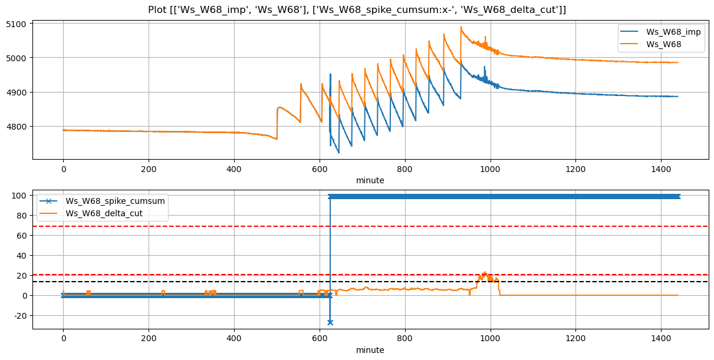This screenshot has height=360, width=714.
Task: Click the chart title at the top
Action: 357,9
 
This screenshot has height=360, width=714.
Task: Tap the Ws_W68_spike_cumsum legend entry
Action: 115,201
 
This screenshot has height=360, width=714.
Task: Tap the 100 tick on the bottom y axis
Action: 21,196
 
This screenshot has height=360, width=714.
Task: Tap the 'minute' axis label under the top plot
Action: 370,180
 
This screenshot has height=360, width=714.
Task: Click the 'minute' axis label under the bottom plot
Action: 370,350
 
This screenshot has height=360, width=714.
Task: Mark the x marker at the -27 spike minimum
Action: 330,322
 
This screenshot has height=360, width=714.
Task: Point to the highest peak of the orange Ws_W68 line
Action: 461,27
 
